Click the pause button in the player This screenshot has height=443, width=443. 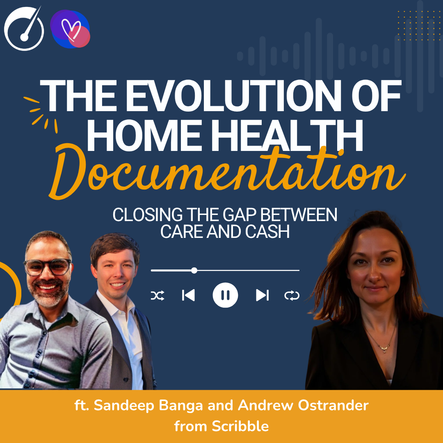[225, 295]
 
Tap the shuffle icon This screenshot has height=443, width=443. [158, 295]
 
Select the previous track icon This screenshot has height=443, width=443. [188, 295]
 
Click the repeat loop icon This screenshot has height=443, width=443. [292, 295]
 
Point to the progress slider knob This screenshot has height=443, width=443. [194, 270]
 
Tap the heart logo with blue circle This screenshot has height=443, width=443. [70, 30]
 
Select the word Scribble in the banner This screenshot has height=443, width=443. [240, 426]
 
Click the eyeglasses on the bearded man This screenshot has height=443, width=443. [47, 267]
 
